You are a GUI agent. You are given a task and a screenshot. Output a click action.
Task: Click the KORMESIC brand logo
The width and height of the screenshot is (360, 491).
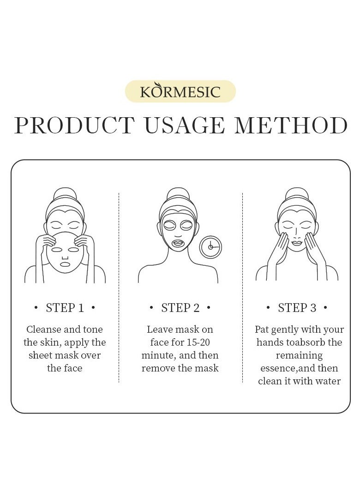[x=180, y=91]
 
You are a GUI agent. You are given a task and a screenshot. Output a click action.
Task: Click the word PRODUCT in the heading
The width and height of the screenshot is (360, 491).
[x=74, y=126]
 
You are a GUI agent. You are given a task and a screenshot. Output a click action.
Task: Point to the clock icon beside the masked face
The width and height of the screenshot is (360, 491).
[x=210, y=247]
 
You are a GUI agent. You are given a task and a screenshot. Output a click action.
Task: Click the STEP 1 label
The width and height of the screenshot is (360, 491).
[x=65, y=308]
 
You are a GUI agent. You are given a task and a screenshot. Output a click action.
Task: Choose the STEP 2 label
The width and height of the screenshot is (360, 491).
[x=180, y=308]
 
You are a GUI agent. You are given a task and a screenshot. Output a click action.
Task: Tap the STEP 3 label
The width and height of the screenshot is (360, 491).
[x=297, y=308]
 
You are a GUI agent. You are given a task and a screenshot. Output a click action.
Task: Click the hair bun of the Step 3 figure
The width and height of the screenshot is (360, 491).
[x=297, y=193]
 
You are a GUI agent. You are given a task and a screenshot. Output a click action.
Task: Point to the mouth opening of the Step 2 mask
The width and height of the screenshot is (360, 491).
[x=178, y=242]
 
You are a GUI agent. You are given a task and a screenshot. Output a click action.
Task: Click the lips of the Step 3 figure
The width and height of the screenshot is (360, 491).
[x=297, y=243]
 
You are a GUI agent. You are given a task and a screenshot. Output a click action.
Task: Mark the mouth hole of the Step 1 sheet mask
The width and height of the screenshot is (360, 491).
[x=65, y=264]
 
